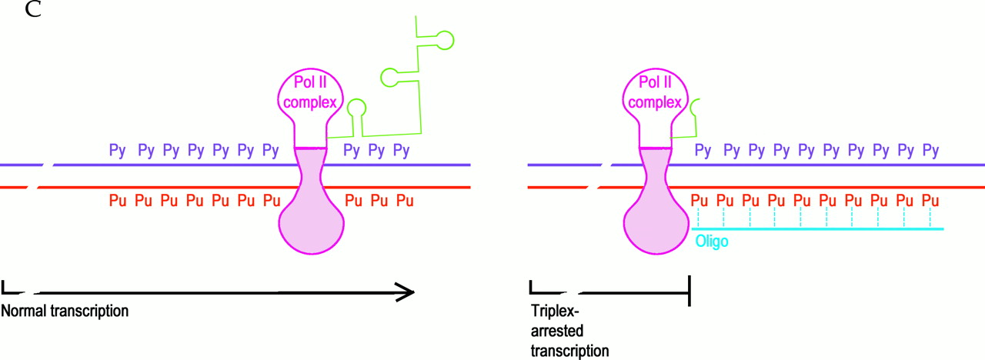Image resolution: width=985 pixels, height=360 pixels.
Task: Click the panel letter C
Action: [x=33, y=11]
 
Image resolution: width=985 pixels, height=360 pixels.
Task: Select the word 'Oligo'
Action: [x=711, y=241]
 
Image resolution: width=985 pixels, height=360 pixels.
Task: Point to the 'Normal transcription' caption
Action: [x=65, y=312]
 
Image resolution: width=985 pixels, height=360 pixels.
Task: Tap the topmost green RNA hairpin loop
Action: [x=444, y=35]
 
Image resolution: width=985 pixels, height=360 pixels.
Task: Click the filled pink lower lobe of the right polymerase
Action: [x=656, y=227]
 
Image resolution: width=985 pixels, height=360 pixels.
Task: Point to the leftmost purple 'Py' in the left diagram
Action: [x=117, y=149]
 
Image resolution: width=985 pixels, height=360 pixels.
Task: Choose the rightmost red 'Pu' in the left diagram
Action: [x=405, y=202]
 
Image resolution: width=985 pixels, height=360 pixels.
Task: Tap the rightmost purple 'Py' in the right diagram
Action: [x=930, y=149]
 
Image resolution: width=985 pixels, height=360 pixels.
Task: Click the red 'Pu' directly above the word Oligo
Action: [x=699, y=202]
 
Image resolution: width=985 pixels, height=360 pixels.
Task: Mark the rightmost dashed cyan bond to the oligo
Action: [x=930, y=218]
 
